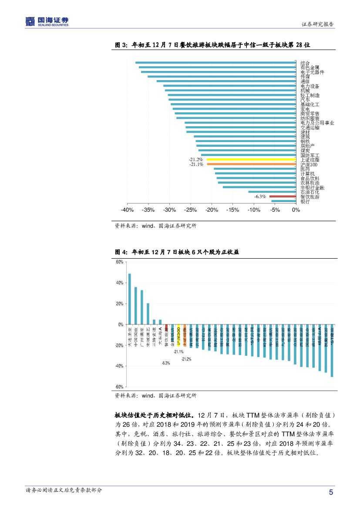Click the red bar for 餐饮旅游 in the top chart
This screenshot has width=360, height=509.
(283, 196)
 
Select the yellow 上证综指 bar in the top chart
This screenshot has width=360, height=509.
(251, 160)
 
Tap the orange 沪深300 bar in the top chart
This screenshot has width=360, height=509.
(251, 164)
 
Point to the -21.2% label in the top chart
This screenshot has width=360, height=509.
(196, 160)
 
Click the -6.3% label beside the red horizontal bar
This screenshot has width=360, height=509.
(260, 196)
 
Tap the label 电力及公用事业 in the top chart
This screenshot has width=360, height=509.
(317, 123)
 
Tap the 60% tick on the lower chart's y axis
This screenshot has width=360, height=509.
(119, 262)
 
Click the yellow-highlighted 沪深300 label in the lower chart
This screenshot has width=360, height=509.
(178, 335)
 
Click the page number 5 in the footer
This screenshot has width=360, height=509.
(331, 492)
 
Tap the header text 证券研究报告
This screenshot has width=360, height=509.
(318, 24)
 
